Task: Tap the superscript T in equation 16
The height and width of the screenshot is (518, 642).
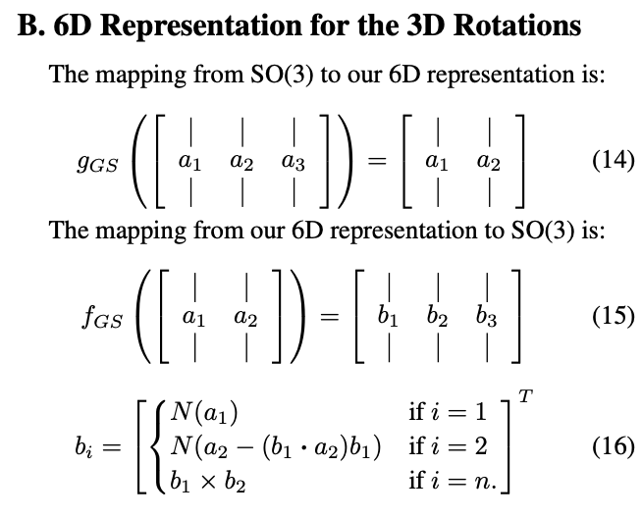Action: [x=527, y=396]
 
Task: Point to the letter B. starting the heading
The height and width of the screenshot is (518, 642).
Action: [x=32, y=26]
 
